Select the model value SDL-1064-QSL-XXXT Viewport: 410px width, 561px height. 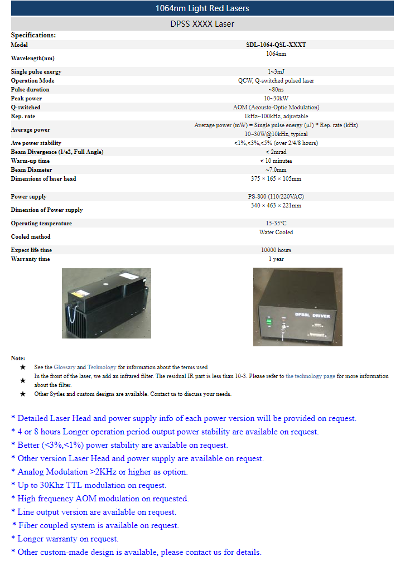click(276, 45)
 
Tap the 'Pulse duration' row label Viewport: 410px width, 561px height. click(30, 90)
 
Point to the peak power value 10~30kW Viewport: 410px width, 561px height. click(276, 99)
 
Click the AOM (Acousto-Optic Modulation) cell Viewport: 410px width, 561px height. click(276, 108)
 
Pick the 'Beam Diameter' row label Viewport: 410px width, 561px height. click(31, 170)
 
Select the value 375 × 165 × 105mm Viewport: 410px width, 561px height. click(276, 179)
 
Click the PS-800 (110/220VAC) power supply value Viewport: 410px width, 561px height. click(276, 197)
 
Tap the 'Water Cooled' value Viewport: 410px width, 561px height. click(276, 233)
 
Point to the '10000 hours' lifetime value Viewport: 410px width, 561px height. click(276, 250)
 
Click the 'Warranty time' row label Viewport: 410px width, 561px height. click(30, 259)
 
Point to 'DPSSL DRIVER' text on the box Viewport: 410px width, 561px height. click(312, 316)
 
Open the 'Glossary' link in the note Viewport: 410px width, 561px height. click(64, 367)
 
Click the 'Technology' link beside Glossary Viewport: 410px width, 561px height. click(102, 367)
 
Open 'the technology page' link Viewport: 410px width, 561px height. click(310, 376)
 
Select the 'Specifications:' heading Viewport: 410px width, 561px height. click(33, 35)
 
